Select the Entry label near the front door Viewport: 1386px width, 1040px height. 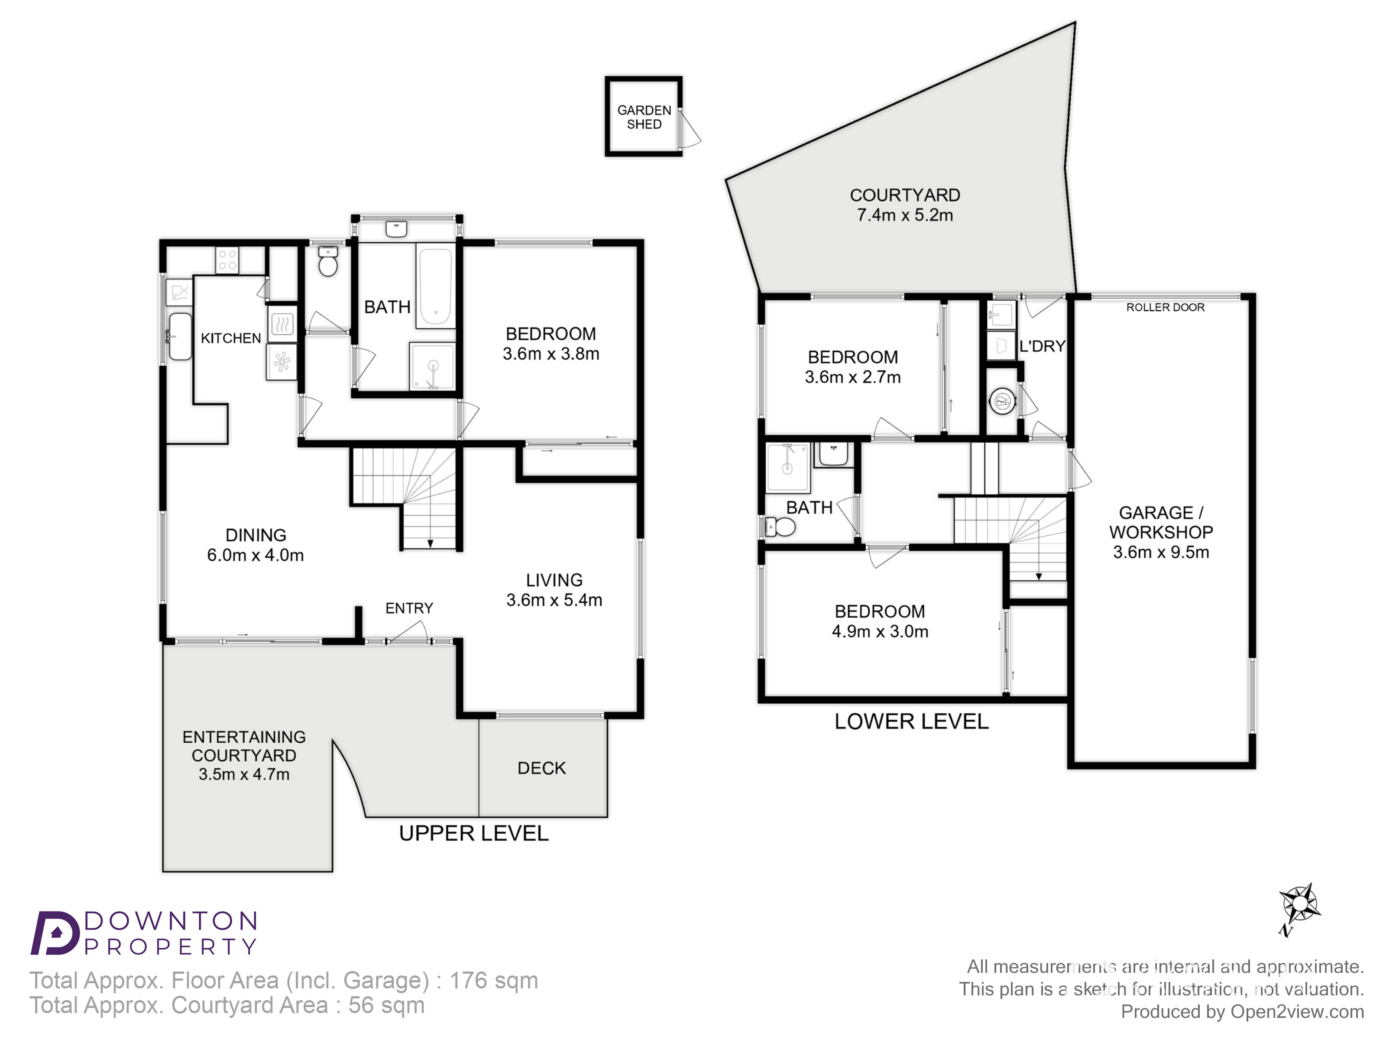[x=409, y=608]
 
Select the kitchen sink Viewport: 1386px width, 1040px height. [x=180, y=337]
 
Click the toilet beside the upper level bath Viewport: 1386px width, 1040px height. [x=328, y=261]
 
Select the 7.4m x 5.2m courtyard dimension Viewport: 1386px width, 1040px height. [x=905, y=215]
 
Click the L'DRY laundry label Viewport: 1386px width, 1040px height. [x=1042, y=346]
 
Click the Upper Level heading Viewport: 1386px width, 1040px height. [x=474, y=833]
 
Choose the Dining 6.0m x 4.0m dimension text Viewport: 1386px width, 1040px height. [x=256, y=556]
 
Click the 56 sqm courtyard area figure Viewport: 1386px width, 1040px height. [x=387, y=1005]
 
